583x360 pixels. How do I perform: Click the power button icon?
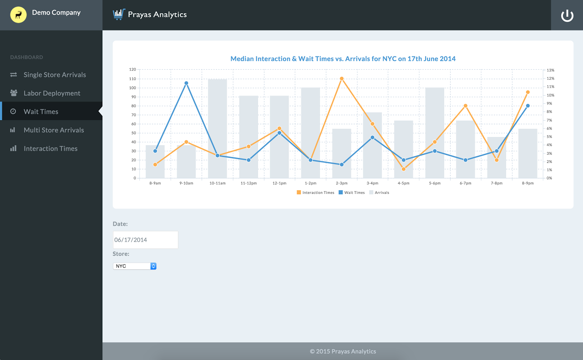click(x=567, y=15)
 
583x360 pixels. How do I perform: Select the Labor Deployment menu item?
click(x=51, y=93)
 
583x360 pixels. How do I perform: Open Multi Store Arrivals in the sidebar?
click(x=54, y=130)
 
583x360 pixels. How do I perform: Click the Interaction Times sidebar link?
click(x=51, y=149)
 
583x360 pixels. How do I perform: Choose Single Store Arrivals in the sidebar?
click(x=55, y=75)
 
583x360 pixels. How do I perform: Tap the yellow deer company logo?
click(x=18, y=15)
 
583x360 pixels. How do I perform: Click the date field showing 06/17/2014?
click(x=145, y=240)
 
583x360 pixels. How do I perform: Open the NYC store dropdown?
click(x=134, y=266)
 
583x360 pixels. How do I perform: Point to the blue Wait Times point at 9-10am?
click(x=186, y=83)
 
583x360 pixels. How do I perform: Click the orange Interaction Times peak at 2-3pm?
click(x=341, y=79)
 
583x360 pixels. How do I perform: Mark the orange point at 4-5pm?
click(x=403, y=169)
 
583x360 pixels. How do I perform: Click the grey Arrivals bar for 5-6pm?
click(x=434, y=132)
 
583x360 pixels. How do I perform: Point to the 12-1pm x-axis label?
click(x=279, y=183)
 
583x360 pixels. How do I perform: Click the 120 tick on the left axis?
click(x=132, y=70)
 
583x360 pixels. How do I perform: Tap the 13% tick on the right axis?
click(x=550, y=70)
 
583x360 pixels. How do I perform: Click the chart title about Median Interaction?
click(x=343, y=59)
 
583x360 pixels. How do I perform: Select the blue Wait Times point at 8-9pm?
click(x=527, y=106)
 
